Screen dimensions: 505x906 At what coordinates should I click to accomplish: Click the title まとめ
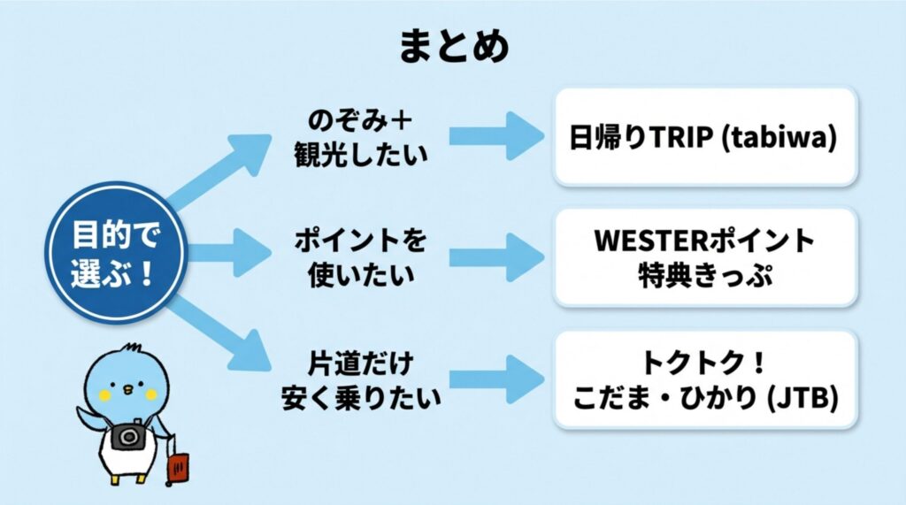tap(454, 46)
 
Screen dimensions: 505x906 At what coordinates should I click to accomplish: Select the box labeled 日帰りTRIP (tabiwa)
tap(704, 136)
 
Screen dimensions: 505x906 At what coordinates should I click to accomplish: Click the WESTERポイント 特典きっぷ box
tap(704, 256)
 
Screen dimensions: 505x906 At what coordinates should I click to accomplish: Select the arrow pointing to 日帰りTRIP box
tap(495, 136)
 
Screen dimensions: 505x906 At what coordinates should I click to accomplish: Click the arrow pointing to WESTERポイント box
tap(495, 256)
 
